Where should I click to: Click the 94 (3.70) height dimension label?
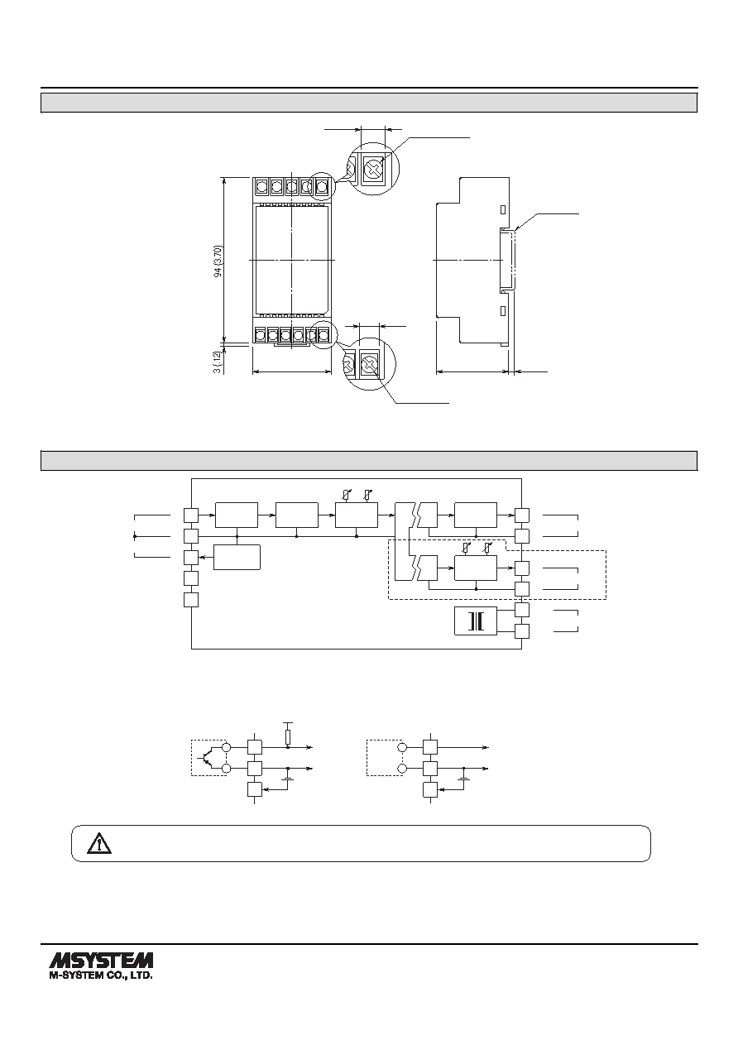(x=218, y=261)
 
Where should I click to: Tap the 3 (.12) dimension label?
(x=218, y=362)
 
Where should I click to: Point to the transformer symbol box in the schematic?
(x=476, y=621)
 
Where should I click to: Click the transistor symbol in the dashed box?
(x=207, y=758)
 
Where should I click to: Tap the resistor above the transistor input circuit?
(x=288, y=737)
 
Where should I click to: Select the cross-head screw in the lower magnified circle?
(x=369, y=363)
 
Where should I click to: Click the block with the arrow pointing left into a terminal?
(x=237, y=557)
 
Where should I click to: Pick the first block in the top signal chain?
(x=237, y=515)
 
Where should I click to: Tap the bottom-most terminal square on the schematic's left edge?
(x=191, y=600)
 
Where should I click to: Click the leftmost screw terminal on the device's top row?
(x=261, y=187)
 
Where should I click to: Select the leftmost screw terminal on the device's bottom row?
(x=261, y=334)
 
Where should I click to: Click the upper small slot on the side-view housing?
(x=503, y=209)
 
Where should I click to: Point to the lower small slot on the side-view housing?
(x=503, y=311)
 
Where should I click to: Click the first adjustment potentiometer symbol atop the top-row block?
(x=346, y=494)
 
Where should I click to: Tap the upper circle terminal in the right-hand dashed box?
(x=401, y=747)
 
